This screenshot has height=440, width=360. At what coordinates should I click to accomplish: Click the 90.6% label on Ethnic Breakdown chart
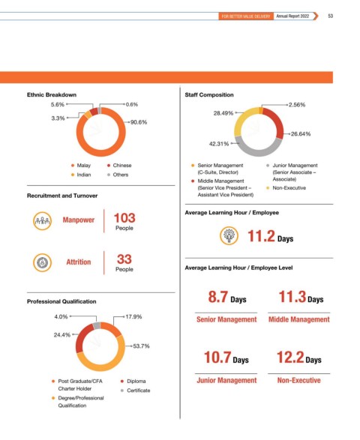(139, 122)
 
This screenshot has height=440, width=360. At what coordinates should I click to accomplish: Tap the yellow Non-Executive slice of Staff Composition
(243, 120)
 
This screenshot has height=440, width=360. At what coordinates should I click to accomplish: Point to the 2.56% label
(297, 105)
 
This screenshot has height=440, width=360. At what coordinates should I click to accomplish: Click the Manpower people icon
(43, 221)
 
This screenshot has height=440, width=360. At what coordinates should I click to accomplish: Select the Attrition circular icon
(43, 262)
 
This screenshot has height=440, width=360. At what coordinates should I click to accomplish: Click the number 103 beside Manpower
(124, 218)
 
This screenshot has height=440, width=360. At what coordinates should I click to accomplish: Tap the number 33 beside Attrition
(124, 259)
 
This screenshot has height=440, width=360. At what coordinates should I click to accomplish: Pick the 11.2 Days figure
(271, 236)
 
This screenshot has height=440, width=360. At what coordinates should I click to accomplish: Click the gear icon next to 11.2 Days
(229, 235)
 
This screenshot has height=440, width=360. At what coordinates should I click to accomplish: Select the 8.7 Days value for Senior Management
(227, 297)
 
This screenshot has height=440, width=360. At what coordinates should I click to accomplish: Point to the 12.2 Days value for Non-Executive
(299, 358)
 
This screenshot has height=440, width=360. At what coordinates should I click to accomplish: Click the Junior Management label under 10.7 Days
(226, 381)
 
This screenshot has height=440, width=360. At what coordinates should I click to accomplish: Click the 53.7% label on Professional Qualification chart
(141, 346)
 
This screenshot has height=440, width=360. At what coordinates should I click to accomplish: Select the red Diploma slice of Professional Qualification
(83, 338)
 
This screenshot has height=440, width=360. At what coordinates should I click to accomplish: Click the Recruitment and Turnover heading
(62, 196)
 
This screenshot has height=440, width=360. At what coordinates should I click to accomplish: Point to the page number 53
(331, 16)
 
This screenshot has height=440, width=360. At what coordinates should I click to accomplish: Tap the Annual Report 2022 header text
(292, 16)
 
